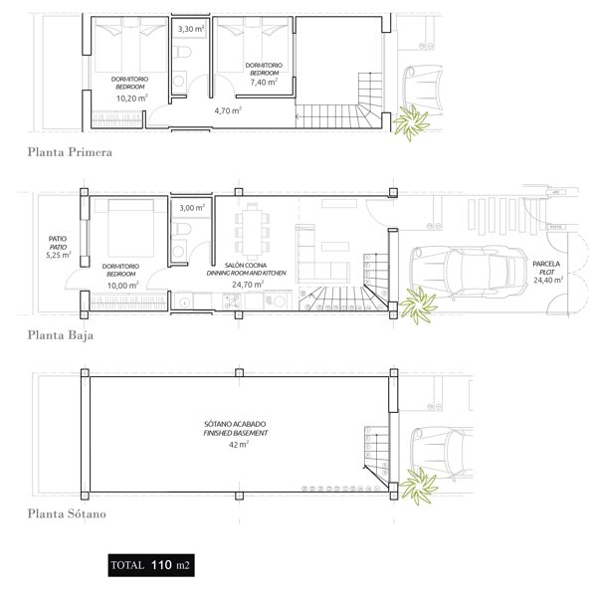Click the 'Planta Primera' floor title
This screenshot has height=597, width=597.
tap(70, 152)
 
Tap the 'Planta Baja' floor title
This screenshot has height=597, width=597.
tap(61, 335)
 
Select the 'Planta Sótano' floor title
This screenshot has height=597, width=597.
tap(67, 514)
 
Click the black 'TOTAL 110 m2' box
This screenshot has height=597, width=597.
tap(151, 565)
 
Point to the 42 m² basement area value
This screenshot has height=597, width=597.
tap(239, 445)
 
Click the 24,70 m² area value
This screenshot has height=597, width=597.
tap(248, 285)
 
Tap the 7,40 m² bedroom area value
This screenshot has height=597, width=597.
tap(264, 82)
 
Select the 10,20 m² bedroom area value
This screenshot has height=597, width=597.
tap(131, 98)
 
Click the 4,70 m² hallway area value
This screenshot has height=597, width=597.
tap(228, 110)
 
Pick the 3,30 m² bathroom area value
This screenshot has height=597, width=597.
tap(191, 29)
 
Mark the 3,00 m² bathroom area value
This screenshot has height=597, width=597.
tap(192, 208)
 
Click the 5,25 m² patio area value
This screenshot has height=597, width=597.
tap(59, 255)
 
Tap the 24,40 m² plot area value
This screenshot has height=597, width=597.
tap(548, 281)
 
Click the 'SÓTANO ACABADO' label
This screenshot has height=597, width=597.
tap(235, 424)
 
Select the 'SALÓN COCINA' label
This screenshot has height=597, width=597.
tap(246, 266)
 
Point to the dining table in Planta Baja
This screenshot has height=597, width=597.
tap(252, 232)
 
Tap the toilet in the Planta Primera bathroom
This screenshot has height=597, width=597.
tap(182, 52)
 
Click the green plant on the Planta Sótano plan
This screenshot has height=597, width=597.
tap(418, 485)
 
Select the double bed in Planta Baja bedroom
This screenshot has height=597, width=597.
tap(130, 227)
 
